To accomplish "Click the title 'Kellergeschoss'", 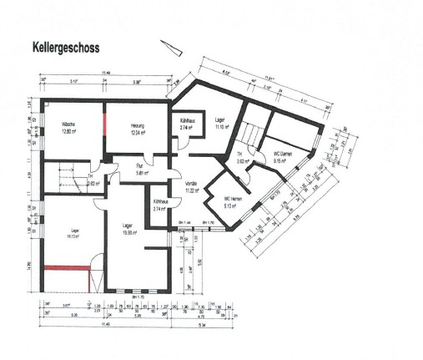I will coord(65,48).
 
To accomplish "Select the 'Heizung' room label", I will coord(138,124).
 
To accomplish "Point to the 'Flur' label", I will coord(140,167).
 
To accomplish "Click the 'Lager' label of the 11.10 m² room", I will coord(219,119).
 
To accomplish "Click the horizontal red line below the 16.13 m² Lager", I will coord(66,266).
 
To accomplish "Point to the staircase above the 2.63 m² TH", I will coord(251,134).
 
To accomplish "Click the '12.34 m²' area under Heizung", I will coord(138,132).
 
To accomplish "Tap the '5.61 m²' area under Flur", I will coord(140,174).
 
